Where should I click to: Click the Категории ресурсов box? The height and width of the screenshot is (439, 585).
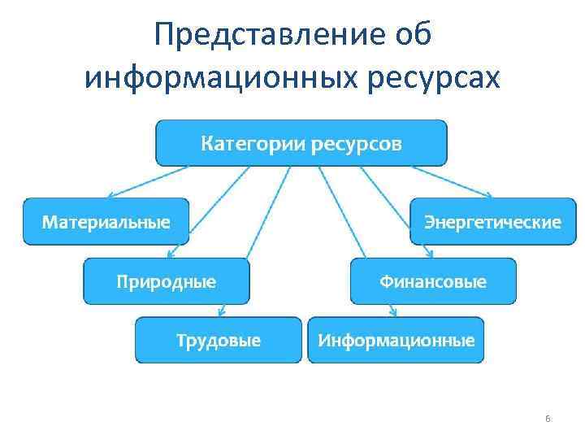point(301,143)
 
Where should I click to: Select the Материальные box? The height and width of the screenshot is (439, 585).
point(106,221)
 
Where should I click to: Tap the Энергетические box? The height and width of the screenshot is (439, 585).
point(492,221)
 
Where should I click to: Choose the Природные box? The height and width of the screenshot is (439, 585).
point(166,281)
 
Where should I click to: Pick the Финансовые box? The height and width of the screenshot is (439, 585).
point(433,281)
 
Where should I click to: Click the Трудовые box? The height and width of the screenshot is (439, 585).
point(219,340)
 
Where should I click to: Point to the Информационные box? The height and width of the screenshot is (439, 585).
point(396,340)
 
